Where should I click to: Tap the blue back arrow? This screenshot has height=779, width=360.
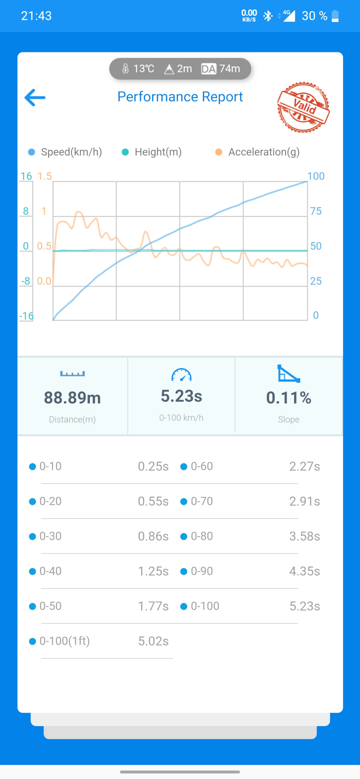35,98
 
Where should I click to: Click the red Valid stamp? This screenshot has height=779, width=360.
303,107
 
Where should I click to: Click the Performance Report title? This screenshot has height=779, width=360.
180,97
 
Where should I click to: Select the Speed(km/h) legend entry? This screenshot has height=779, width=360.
65,152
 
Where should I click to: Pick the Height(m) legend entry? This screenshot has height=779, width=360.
152,152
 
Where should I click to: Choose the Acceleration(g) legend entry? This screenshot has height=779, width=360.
258,152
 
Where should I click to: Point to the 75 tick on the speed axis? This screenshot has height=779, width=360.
315,211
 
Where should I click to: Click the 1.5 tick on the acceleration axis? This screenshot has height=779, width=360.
45,176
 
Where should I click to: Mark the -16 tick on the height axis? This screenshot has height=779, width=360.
26,316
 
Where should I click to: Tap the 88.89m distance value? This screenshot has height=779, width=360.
72,398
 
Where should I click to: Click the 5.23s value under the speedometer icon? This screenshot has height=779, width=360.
181,396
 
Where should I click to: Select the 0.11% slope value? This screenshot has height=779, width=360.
289,398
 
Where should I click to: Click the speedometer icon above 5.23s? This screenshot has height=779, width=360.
181,374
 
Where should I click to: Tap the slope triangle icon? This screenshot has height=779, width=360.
289,373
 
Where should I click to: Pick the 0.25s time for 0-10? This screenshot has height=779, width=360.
153,467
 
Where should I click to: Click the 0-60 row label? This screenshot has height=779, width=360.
202,467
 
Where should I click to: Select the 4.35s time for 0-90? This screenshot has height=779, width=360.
304,571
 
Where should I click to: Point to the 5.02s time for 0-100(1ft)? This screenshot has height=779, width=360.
153,641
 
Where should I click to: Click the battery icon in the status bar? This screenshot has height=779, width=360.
335,16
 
